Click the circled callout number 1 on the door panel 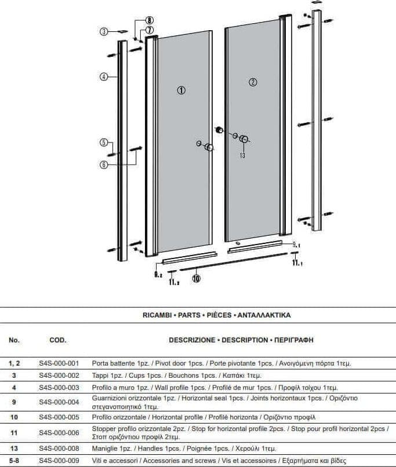[181, 90]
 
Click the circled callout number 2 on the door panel [253, 82]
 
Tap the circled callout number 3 [104, 31]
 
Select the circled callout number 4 [104, 77]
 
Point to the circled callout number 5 [104, 143]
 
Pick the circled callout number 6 [104, 165]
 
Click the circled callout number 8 [149, 20]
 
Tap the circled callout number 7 [149, 30]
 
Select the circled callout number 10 [196, 279]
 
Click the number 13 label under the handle [242, 155]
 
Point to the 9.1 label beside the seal [296, 245]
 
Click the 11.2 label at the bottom [174, 282]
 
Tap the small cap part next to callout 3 [122, 31]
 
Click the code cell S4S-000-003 [59, 388]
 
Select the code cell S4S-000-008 [59, 448]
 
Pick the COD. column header [58, 340]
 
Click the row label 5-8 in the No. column [14, 461]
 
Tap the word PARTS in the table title [189, 315]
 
